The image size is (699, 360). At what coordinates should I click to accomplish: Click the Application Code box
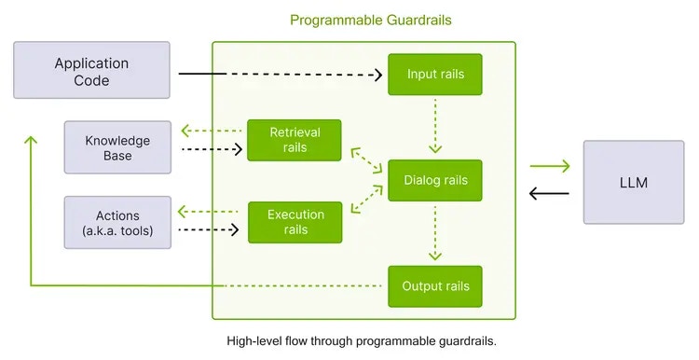91,72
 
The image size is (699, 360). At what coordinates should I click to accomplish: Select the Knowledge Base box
117,147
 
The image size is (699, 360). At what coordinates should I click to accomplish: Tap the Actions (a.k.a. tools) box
117,222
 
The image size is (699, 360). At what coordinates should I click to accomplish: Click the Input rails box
435,74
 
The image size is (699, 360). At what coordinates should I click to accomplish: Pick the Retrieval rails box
294,140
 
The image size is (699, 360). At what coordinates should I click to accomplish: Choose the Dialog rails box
435,180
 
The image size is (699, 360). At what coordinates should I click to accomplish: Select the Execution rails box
294,222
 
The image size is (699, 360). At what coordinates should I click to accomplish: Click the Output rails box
435,285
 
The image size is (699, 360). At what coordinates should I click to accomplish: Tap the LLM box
633,182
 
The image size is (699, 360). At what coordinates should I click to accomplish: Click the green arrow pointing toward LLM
549,167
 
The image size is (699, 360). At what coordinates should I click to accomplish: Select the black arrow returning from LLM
549,194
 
